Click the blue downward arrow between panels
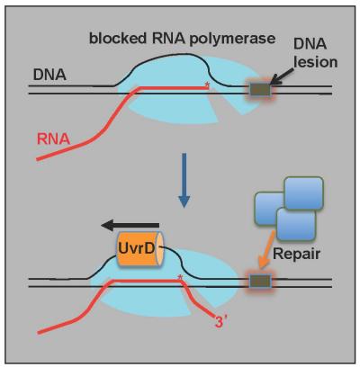184,192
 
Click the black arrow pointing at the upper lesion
289,80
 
